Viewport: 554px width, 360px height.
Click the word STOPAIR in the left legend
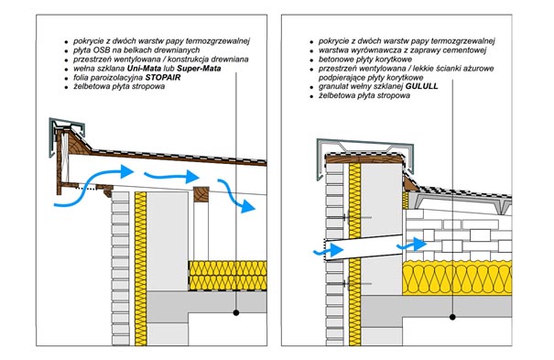click(162, 77)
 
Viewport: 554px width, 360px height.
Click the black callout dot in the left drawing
click(236, 312)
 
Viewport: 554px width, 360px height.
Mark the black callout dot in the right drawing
click(452, 317)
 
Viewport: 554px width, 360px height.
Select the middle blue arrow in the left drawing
click(171, 176)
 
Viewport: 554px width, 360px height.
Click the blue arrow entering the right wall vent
click(329, 250)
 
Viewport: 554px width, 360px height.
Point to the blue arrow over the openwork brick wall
click(412, 245)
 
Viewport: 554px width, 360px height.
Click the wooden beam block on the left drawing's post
click(201, 194)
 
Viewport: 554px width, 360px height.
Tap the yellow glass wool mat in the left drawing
click(227, 276)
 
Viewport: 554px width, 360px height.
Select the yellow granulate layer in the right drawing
click(457, 278)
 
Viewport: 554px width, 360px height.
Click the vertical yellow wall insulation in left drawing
click(140, 268)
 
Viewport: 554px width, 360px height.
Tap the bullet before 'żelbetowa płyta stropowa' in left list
click(66, 87)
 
